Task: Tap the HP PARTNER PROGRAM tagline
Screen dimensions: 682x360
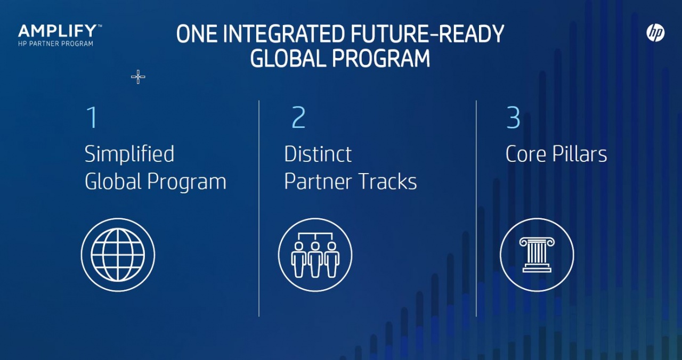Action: coord(56,44)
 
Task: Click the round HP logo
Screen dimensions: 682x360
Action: coord(655,32)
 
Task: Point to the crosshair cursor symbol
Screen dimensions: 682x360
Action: coord(138,77)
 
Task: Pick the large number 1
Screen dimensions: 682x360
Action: coord(92,118)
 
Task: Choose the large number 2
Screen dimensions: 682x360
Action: coord(298,118)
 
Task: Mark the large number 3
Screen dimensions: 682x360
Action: coord(513,118)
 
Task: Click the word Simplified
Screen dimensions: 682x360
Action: coord(129,154)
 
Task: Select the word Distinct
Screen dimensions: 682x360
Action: coord(318,154)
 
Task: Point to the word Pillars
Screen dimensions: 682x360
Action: coord(579,154)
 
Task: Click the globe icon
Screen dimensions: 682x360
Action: coord(118,255)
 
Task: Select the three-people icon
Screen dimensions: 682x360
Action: coord(315,255)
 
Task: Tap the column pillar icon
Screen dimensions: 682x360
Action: coord(537,255)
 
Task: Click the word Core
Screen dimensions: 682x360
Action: coord(526,154)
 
